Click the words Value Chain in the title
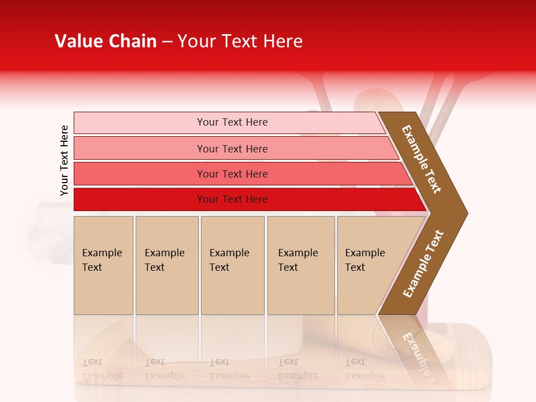tap(106, 41)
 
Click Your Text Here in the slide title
tap(240, 41)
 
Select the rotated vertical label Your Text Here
tap(64, 160)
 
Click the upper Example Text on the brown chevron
tap(422, 159)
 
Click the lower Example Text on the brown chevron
tap(423, 264)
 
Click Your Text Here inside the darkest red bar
tap(232, 199)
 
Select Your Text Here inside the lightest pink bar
tap(232, 122)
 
